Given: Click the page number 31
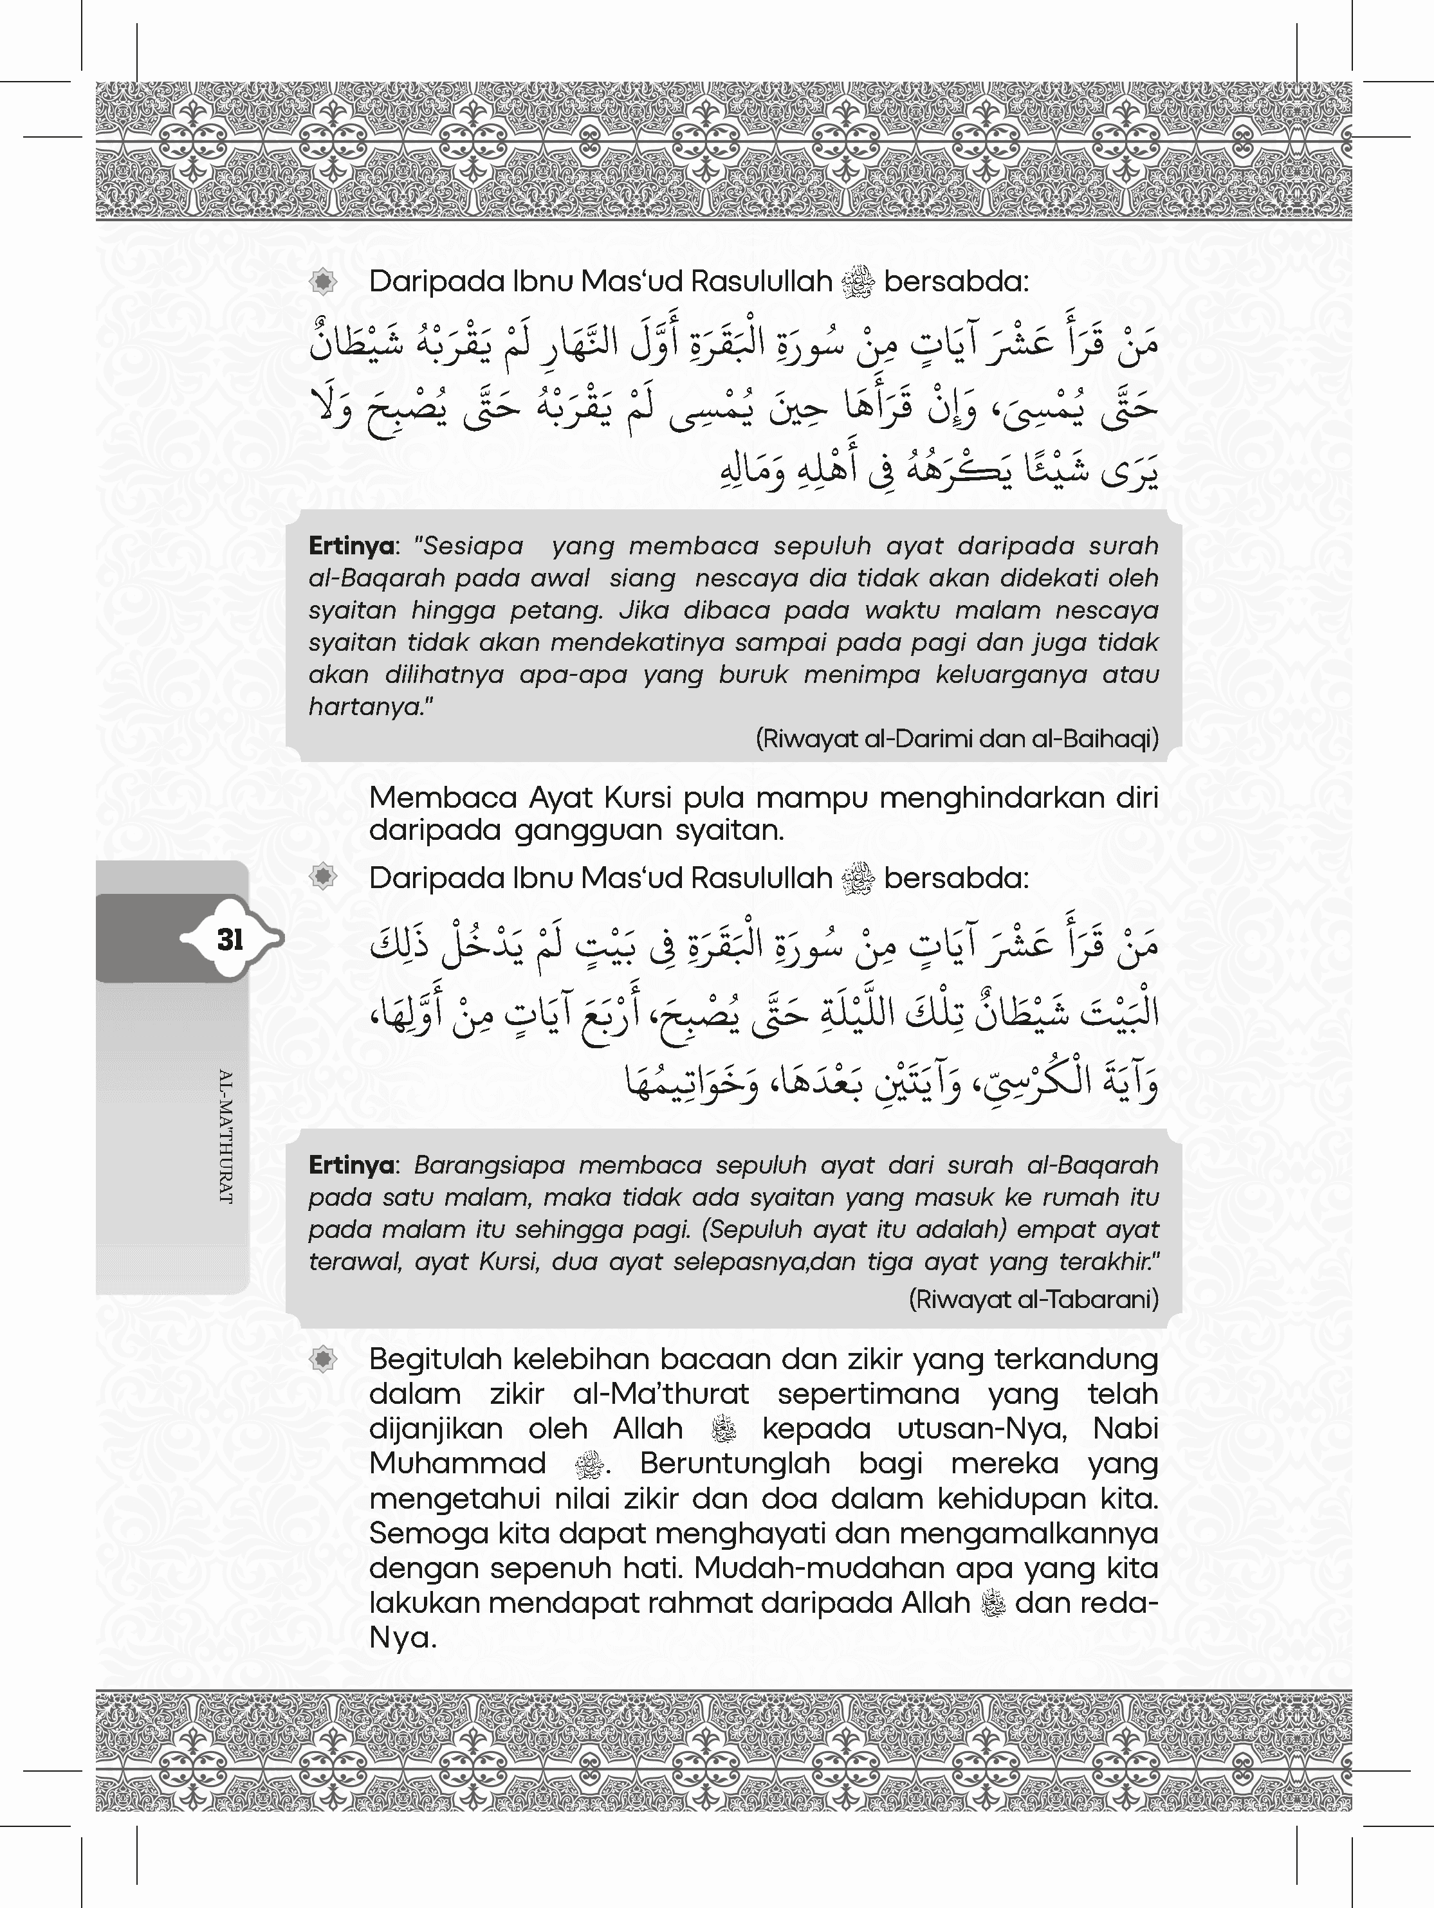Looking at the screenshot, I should [230, 940].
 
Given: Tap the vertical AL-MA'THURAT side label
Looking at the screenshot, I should [226, 1136].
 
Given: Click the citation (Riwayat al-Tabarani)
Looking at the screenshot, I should [1033, 1299].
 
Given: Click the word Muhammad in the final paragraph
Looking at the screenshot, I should [457, 1464].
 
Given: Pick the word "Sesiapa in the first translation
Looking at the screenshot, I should [470, 546].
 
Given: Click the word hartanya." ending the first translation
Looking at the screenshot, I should [371, 707].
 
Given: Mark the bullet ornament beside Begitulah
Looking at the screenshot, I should [323, 1360].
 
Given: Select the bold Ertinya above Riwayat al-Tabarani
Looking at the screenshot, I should [351, 1165].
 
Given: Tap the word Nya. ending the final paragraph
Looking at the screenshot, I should [402, 1637].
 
